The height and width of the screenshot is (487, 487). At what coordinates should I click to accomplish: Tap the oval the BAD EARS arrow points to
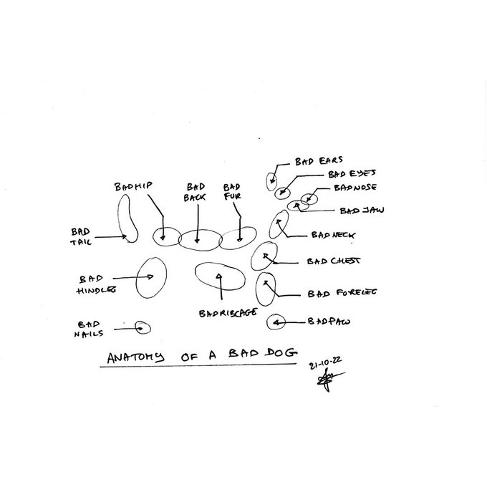271,181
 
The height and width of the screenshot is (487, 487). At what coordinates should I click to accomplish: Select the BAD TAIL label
80,236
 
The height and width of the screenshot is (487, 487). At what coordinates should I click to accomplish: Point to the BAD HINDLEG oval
151,277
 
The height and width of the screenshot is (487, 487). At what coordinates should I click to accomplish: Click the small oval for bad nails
143,327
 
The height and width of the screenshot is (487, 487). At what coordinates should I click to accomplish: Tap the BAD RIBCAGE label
228,313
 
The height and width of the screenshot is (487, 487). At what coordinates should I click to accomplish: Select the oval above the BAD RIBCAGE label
220,276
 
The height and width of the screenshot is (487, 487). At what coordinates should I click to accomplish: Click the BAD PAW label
329,322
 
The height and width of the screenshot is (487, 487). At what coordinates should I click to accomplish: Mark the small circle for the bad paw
276,322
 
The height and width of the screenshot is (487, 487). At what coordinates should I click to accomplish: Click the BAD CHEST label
333,261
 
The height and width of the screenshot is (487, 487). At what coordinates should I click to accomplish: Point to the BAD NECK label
333,235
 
